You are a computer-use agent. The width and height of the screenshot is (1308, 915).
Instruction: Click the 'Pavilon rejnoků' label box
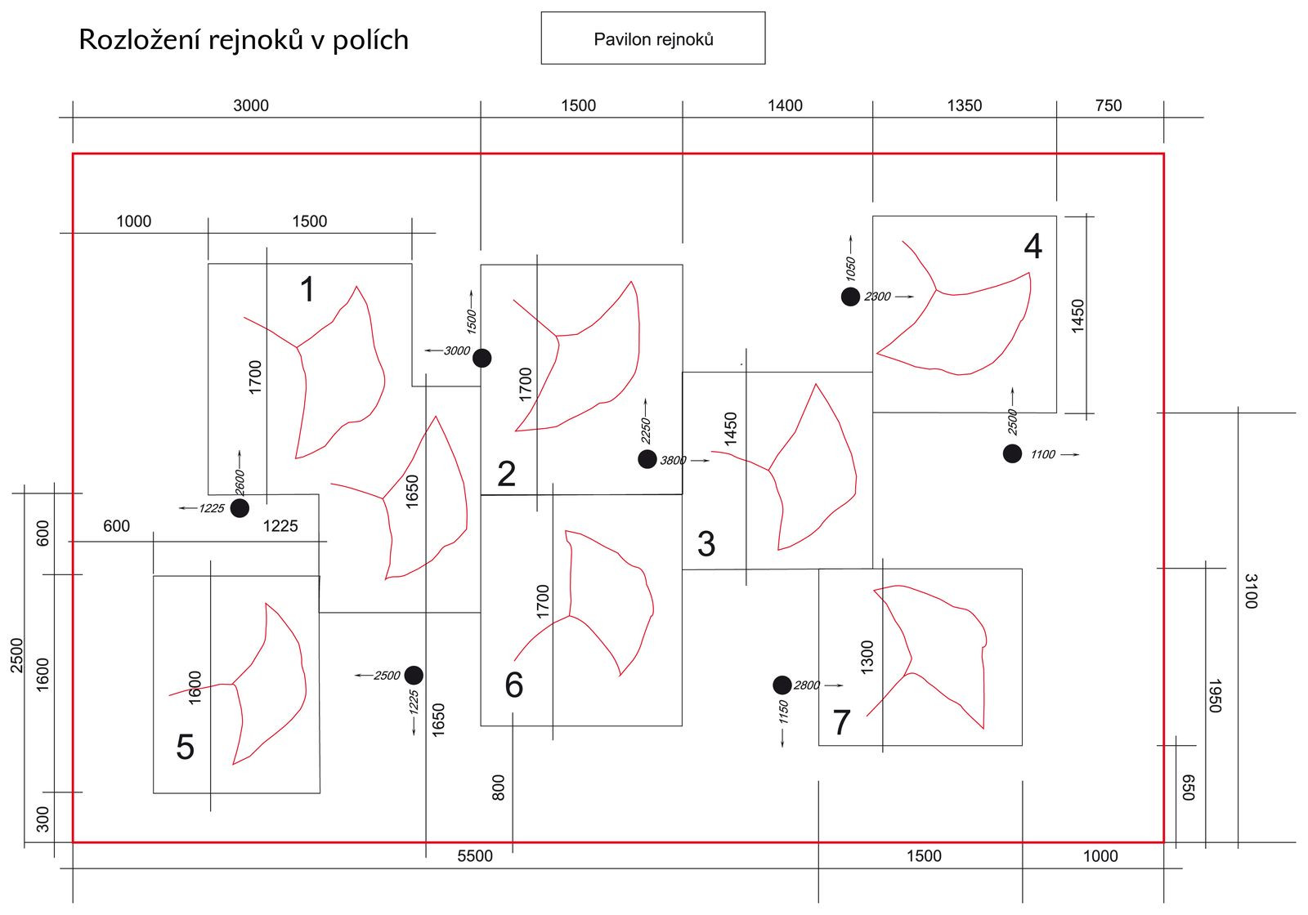(x=652, y=38)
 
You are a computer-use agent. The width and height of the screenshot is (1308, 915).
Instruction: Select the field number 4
(x=1033, y=247)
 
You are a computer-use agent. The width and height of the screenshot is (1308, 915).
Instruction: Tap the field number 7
(x=841, y=722)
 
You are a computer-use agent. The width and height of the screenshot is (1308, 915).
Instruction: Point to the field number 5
(x=186, y=747)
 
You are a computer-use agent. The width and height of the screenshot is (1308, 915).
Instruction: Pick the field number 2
(x=506, y=474)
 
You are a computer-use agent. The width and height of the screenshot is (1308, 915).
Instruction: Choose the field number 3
(x=706, y=544)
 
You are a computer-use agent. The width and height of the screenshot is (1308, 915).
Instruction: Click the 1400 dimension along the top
(x=785, y=105)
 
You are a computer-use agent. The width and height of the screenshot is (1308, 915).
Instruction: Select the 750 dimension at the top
(x=1108, y=105)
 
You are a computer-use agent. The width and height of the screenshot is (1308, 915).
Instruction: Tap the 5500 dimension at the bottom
(x=475, y=855)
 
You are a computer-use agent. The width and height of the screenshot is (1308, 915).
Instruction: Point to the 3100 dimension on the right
(x=1250, y=591)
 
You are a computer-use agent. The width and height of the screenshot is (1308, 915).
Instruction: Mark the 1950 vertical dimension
(x=1215, y=695)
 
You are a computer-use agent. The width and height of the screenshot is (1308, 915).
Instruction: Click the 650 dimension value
(x=1189, y=788)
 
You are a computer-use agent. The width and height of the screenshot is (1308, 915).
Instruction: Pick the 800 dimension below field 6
(x=499, y=788)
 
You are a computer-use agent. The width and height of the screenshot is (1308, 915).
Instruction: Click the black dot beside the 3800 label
(x=647, y=459)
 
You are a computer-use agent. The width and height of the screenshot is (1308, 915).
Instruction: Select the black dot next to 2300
(x=850, y=297)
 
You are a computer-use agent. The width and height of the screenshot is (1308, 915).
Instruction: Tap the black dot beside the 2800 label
(x=782, y=685)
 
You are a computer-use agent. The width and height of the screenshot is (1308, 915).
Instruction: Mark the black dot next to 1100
(x=1012, y=453)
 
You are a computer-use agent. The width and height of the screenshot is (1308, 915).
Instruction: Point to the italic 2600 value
(x=240, y=481)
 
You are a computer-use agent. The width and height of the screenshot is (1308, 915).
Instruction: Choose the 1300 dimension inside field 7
(x=867, y=657)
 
